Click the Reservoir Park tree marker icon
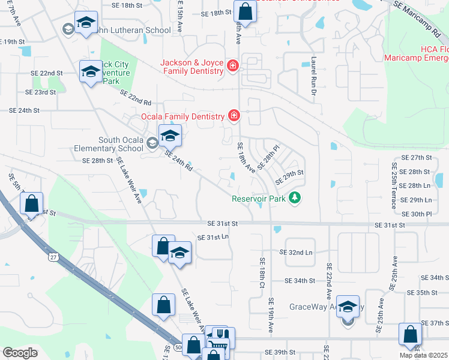[x=294, y=197]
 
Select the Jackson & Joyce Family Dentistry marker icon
[x=233, y=65]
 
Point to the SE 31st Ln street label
[x=214, y=238]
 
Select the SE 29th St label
[x=289, y=178]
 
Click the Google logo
[x=20, y=353]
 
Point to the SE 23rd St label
[x=40, y=92]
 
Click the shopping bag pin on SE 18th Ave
[x=246, y=11]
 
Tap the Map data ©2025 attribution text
[x=423, y=355]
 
